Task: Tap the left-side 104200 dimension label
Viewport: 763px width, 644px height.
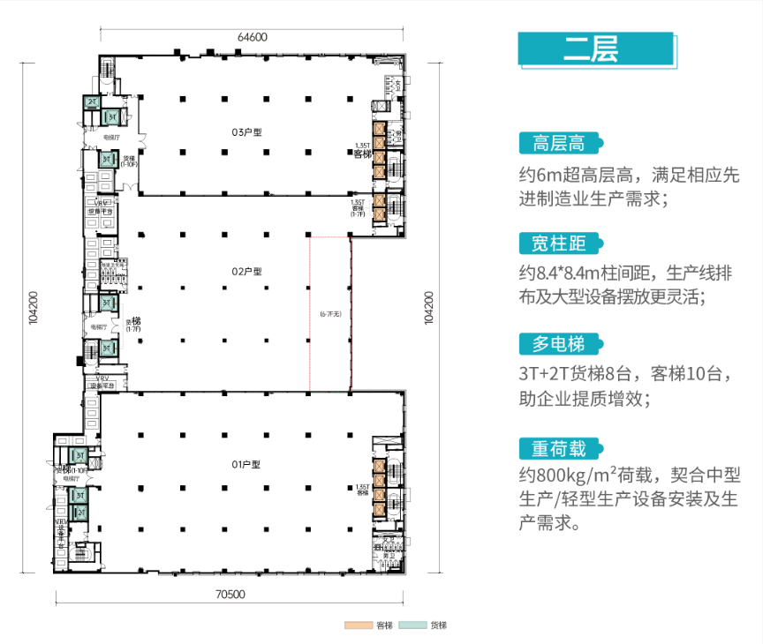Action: [33, 309]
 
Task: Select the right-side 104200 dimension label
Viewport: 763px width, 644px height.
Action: [430, 309]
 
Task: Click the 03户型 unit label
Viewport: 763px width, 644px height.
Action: [247, 132]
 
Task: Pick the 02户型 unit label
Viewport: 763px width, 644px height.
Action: [247, 272]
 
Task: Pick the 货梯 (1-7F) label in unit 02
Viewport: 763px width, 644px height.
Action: [133, 325]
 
